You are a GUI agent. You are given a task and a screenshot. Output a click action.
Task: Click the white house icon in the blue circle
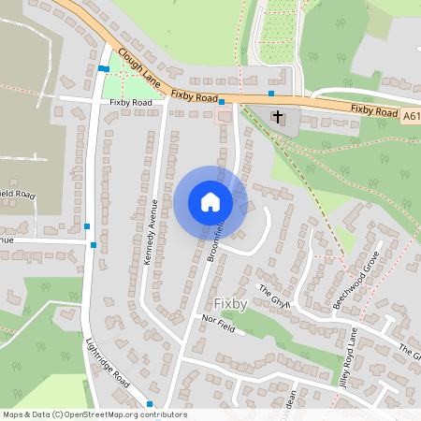coord(210,201)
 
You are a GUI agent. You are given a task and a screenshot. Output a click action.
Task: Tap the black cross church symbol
coord(277,117)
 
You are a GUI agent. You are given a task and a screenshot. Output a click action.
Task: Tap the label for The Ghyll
coord(276,296)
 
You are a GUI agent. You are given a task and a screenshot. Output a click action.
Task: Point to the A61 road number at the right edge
coord(412,116)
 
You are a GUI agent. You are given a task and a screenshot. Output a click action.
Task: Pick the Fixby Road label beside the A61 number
coord(375,109)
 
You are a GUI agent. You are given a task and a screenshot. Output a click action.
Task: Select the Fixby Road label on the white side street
coord(130,101)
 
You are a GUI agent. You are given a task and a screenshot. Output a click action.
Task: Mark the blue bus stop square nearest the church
coord(270,94)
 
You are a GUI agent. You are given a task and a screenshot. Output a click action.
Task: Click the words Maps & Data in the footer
coord(25,414)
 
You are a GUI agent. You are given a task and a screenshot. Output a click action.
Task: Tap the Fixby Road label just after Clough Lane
coord(195,95)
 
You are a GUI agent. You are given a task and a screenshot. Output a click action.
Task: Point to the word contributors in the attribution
coord(162,414)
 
